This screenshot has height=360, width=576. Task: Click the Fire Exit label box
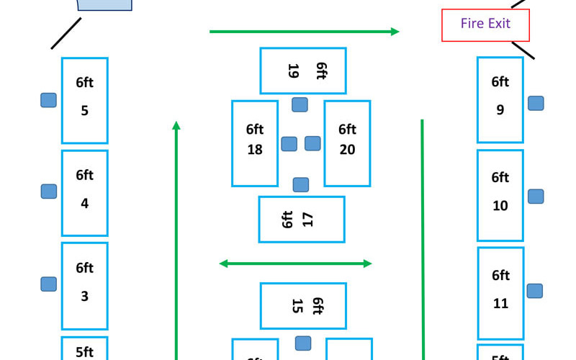pos(485,24)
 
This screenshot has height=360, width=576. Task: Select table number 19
pos(302,71)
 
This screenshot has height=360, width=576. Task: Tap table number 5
pos(84,100)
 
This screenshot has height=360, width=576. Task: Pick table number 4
pos(84,192)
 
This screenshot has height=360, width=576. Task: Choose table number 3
pos(84,286)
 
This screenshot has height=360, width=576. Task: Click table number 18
pos(255,143)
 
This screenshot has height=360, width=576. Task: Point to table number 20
pos(347,143)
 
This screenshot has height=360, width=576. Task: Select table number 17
pos(301,219)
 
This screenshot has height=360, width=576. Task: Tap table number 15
pos(302,305)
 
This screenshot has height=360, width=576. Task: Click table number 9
pos(500,99)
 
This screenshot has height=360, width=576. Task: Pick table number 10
pos(500,194)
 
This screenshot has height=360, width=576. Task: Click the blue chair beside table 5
pos(48,100)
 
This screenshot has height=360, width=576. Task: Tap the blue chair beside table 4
pos(48,192)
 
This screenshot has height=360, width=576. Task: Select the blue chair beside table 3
pos(48,284)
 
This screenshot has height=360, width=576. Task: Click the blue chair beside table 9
pos(536,103)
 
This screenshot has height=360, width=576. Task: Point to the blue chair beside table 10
pos(536,196)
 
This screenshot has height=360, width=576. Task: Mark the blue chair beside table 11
pos(534,291)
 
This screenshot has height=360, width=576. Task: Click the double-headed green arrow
pos(295,264)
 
